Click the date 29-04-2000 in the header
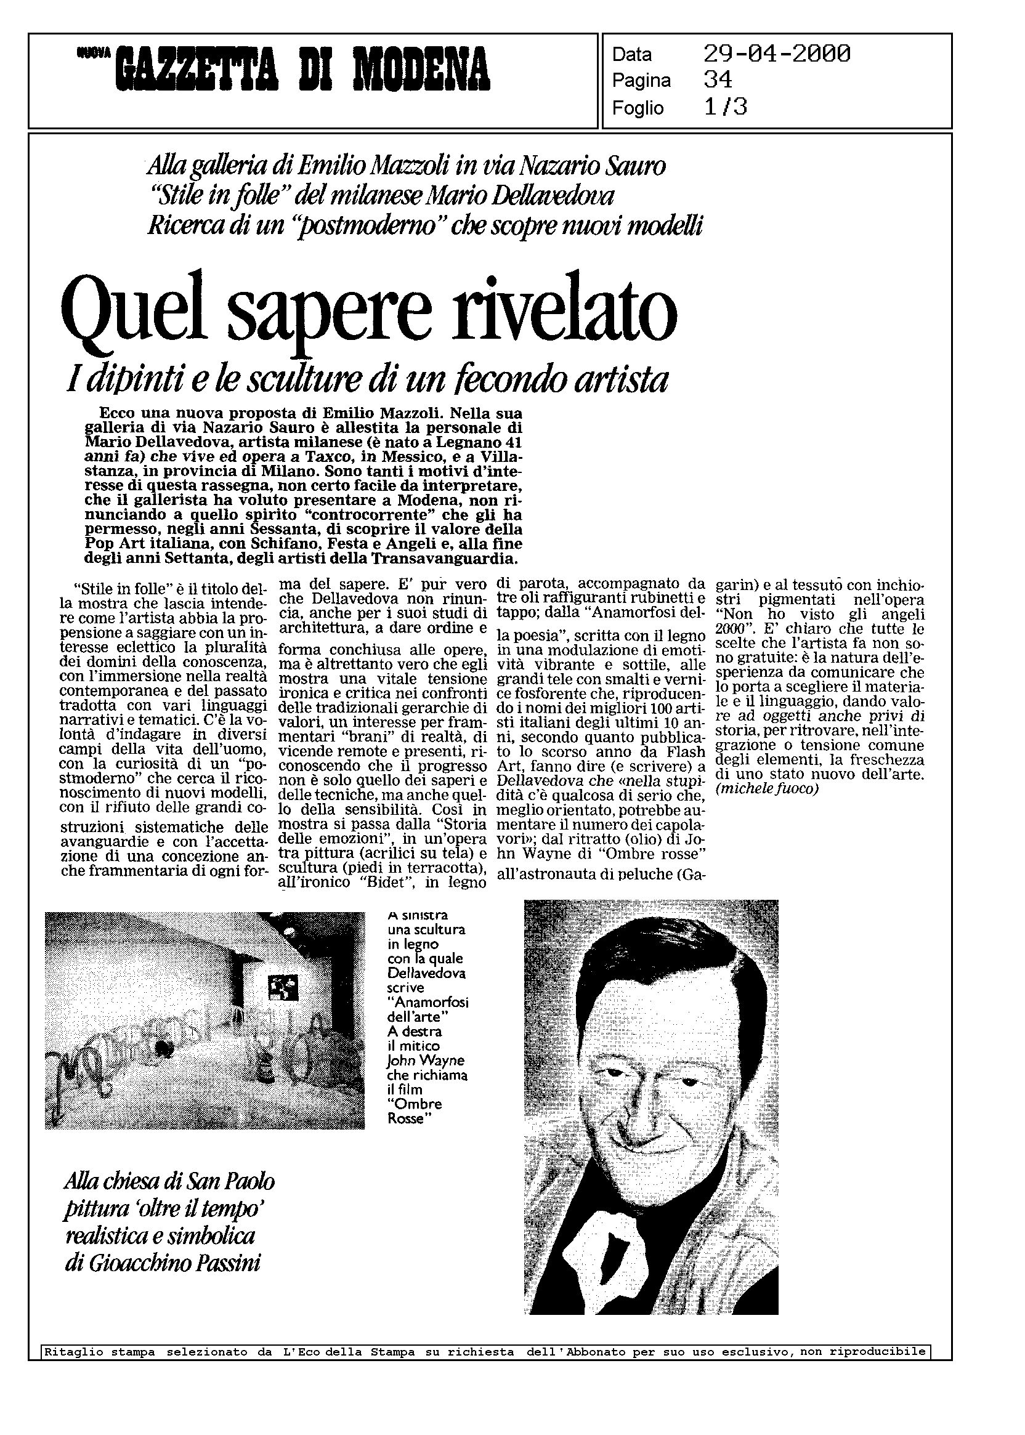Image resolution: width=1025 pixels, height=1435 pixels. coord(776,54)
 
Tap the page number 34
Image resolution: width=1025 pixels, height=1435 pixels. coord(718,80)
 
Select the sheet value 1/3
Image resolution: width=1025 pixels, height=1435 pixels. coord(725,107)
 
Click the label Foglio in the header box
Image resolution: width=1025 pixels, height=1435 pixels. coord(638,108)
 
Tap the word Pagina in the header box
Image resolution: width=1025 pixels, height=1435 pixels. coord(641,81)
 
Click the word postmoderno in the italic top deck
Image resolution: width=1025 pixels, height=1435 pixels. coord(354,227)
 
